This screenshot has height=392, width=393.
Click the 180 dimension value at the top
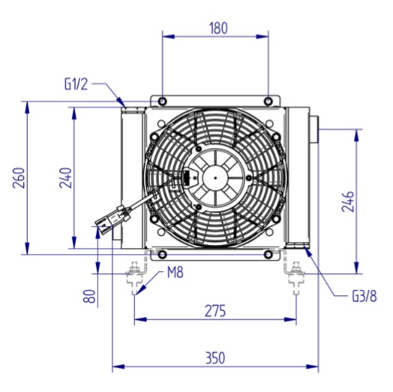(x=218, y=28)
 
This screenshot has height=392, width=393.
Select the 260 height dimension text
(x=19, y=178)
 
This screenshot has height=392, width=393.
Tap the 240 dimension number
(x=66, y=178)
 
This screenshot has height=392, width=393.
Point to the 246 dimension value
(x=348, y=201)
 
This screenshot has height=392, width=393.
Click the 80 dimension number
(x=90, y=296)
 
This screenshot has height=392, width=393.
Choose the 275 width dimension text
(x=215, y=311)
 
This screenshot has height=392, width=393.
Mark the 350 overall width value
(x=215, y=358)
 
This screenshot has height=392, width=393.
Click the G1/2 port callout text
(x=76, y=84)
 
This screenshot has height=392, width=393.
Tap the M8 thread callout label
(x=175, y=273)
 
